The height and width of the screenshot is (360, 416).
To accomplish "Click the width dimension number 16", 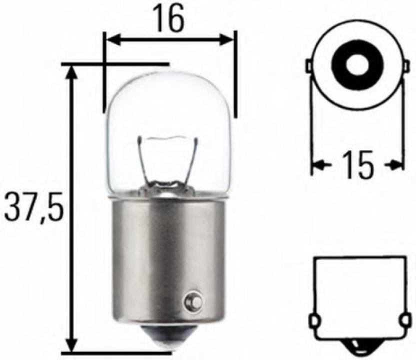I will click(x=169, y=18).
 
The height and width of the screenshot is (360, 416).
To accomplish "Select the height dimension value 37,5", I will click(x=33, y=205).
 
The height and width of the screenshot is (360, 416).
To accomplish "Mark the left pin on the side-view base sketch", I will click(x=316, y=319).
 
